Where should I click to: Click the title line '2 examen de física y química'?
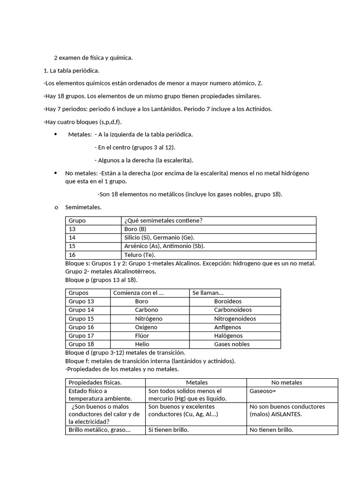tap(93, 58)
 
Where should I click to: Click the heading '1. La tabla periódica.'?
tap(71, 70)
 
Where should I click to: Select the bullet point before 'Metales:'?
tap(56, 135)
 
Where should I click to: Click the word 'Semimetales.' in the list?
tap(83, 207)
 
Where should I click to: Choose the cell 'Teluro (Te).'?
tap(140, 255)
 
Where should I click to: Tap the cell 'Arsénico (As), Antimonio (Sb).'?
tap(165, 246)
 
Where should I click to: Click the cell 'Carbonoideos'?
tap(232, 310)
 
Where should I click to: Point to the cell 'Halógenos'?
tap(228, 336)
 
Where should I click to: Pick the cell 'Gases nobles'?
tap(232, 344)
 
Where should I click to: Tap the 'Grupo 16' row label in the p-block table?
tap(82, 327)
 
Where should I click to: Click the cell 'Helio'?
tap(142, 344)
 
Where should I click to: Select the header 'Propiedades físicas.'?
tap(95, 382)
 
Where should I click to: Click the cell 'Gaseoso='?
tap(263, 391)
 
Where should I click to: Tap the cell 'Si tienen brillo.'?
tap(168, 430)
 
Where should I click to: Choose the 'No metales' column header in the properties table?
tap(286, 382)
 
